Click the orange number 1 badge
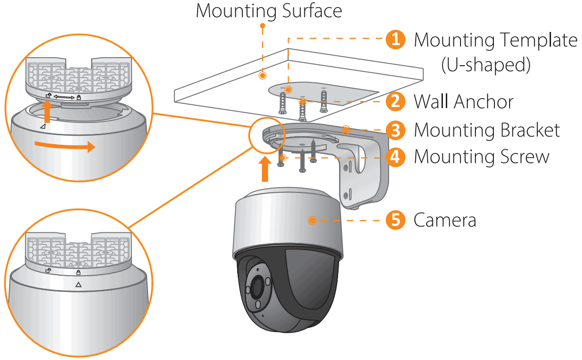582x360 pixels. pos(395,40)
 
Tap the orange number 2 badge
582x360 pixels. pos(395,101)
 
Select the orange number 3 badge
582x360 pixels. pos(395,130)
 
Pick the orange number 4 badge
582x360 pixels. pos(395,157)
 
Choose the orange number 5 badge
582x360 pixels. pos(395,220)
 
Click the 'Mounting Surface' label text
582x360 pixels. pos(269,11)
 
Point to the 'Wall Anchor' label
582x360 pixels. pos(463,101)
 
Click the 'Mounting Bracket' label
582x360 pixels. pos(487,130)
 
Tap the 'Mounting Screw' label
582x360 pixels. pos(482,157)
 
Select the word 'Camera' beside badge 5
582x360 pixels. pos(445,220)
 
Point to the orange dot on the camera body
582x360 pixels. pos(312,220)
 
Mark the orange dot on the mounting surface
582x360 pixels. pos(261,75)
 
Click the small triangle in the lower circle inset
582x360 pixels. pos(79,284)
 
